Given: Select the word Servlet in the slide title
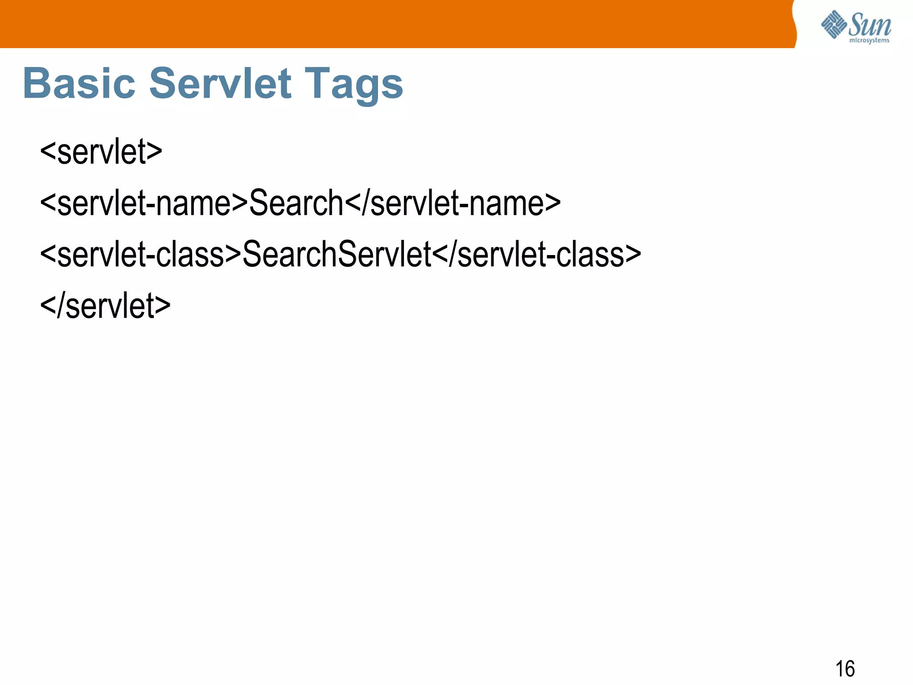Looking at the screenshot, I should pyautogui.click(x=220, y=83).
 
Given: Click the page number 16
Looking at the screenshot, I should pyautogui.click(x=845, y=669).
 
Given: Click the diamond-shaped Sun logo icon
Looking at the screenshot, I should pyautogui.click(x=834, y=24).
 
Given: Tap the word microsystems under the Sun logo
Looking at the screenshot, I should pyautogui.click(x=869, y=41).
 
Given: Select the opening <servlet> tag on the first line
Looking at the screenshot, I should pyautogui.click(x=101, y=152).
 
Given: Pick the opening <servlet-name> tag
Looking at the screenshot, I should pyautogui.click(x=144, y=203).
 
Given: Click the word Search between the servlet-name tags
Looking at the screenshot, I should pyautogui.click(x=296, y=203).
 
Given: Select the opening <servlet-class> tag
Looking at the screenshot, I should pyautogui.click(x=140, y=254).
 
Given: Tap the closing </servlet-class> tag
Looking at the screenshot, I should pyautogui.click(x=536, y=254).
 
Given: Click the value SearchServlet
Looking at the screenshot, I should pyautogui.click(x=337, y=254).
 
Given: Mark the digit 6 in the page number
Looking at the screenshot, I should pyautogui.click(x=850, y=669).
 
